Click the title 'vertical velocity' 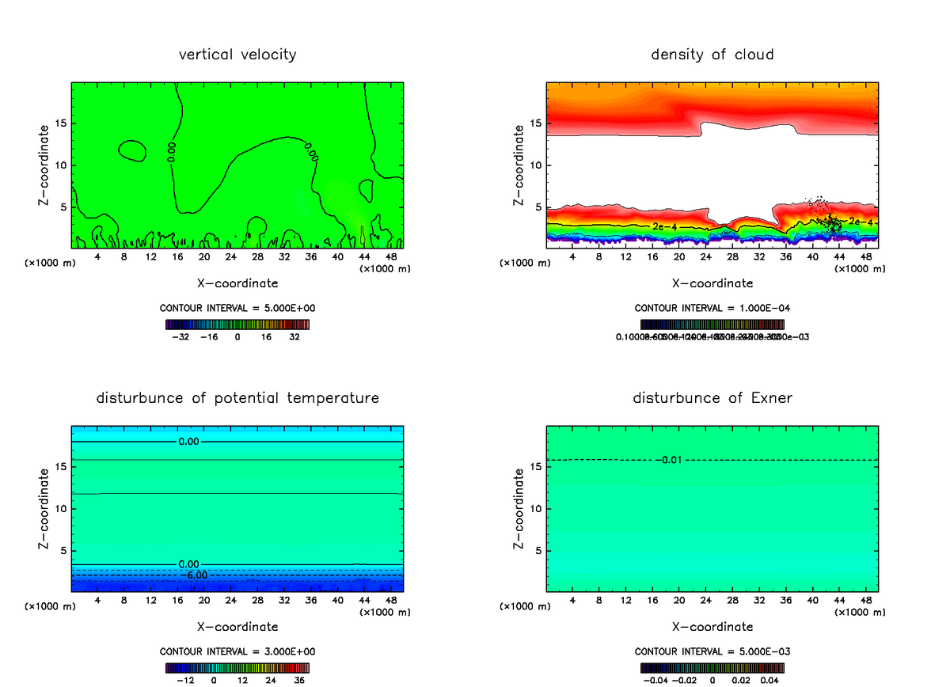coord(237,55)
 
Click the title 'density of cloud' coord(712,55)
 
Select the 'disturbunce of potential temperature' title coord(237,397)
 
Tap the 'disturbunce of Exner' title coord(712,397)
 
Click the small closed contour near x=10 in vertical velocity coord(131,150)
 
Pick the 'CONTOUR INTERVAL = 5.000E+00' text coord(237,308)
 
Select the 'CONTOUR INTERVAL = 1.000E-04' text coord(712,308)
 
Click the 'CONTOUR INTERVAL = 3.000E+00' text coord(237,651)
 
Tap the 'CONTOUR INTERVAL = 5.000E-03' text coord(712,651)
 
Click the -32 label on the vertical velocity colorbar coord(180,336)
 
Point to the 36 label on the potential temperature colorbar coord(299,680)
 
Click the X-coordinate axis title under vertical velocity coord(237,283)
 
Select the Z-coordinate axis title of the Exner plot coord(519,508)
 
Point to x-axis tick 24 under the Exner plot coord(706,600)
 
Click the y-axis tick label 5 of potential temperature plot coord(62,551)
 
